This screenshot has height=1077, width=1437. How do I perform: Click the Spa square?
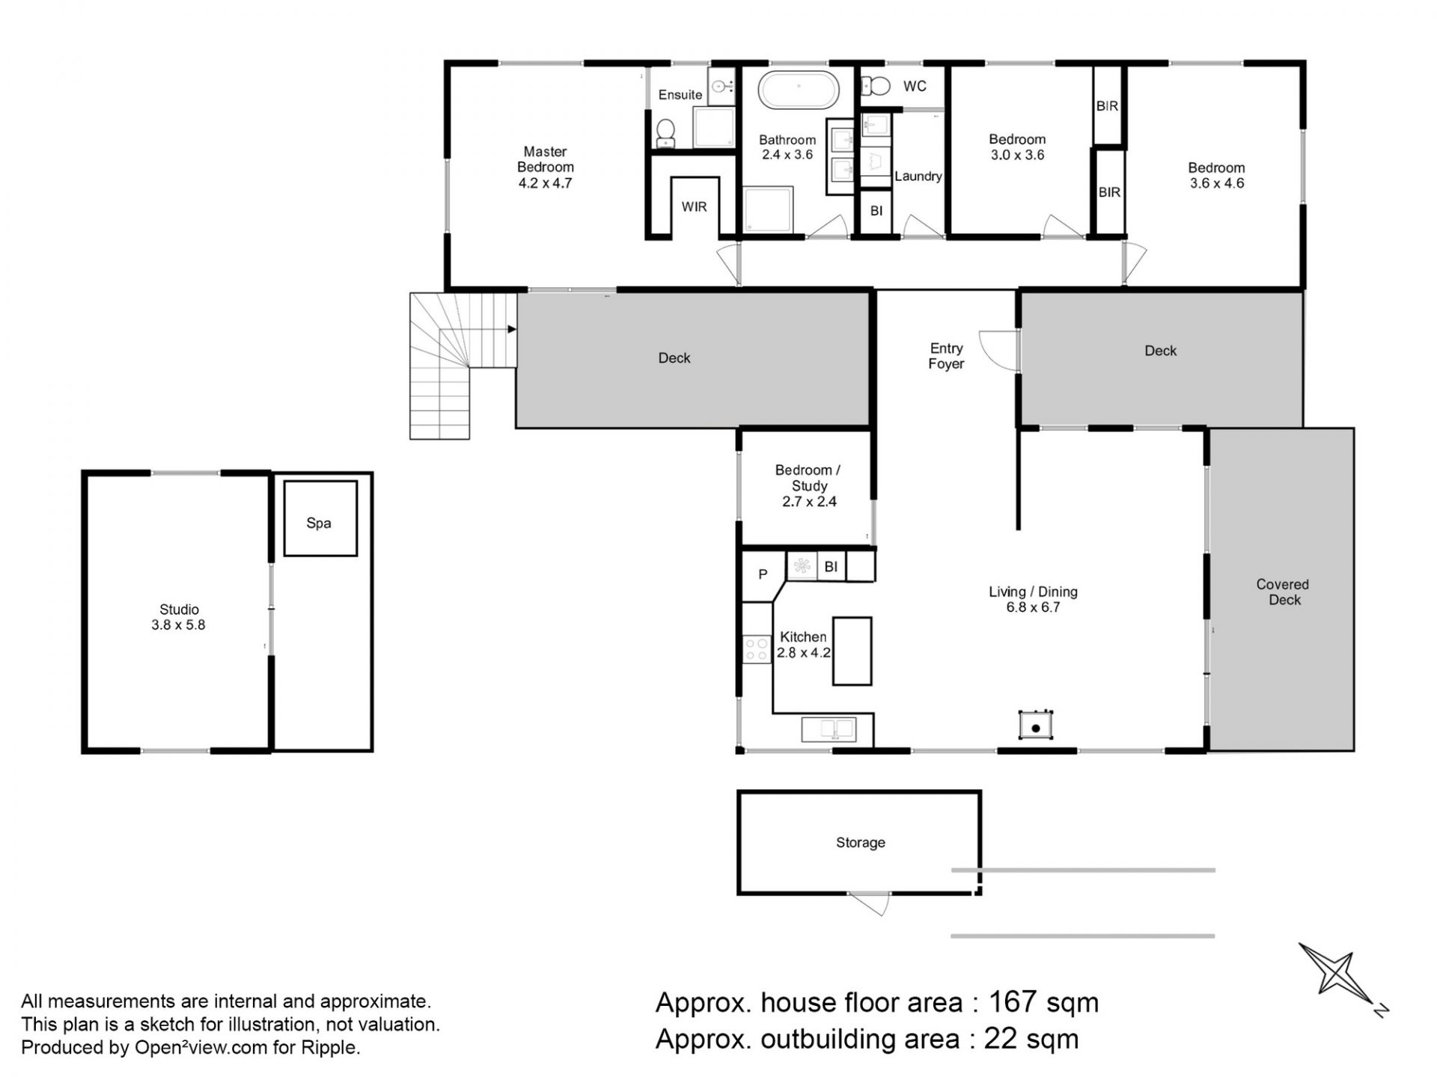(320, 518)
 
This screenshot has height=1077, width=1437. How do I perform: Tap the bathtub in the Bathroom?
(799, 90)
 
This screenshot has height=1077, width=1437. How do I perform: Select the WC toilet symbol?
(875, 86)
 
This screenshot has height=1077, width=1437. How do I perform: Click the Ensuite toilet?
(665, 133)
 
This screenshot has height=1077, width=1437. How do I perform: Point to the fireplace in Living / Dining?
(1036, 725)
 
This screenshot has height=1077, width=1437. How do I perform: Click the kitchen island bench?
(852, 651)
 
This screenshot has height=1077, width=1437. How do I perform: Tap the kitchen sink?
(829, 728)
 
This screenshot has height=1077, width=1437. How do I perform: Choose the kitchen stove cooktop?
(757, 649)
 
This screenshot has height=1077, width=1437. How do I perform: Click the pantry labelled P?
(762, 574)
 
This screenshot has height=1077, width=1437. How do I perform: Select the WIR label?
(694, 206)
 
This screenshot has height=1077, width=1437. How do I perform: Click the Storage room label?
(861, 842)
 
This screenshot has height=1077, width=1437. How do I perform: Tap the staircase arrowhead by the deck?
(512, 329)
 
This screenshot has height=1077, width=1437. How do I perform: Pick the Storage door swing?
(870, 903)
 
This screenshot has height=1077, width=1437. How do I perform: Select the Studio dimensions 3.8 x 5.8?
(178, 625)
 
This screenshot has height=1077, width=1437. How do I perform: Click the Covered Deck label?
(1283, 592)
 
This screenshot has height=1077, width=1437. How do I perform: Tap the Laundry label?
(918, 177)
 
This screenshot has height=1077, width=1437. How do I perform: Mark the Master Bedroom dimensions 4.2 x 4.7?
(545, 182)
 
